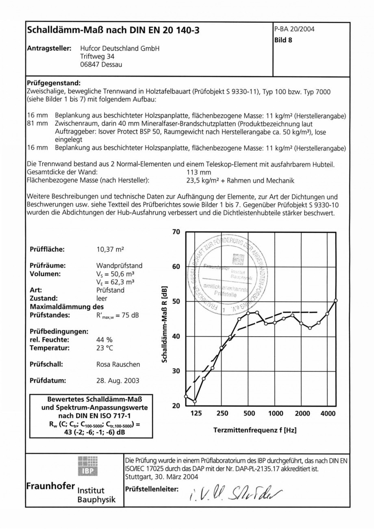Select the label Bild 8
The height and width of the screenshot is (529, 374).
pyautogui.click(x=284, y=40)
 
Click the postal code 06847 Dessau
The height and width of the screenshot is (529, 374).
pyautogui.click(x=101, y=64)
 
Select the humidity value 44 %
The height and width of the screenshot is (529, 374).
pyautogui.click(x=104, y=340)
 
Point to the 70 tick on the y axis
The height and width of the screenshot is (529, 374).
pyautogui.click(x=176, y=232)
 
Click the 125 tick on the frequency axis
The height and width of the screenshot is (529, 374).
pyautogui.click(x=196, y=414)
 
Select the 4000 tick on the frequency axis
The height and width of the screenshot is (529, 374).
pyautogui.click(x=328, y=414)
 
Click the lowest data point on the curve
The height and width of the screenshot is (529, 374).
pyautogui.click(x=195, y=401)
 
